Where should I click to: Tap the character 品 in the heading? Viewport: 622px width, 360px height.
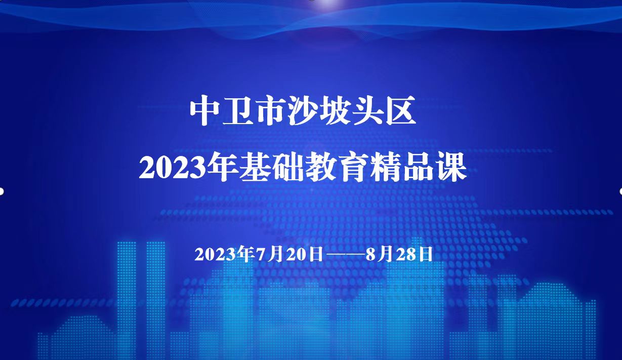pos(419,167)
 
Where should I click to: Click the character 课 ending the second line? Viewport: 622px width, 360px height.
pos(451,167)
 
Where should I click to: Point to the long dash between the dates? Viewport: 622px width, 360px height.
pos(344,255)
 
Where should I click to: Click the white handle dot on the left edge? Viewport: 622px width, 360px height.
pos(2,191)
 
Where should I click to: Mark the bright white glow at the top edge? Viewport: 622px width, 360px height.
pos(327,3)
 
